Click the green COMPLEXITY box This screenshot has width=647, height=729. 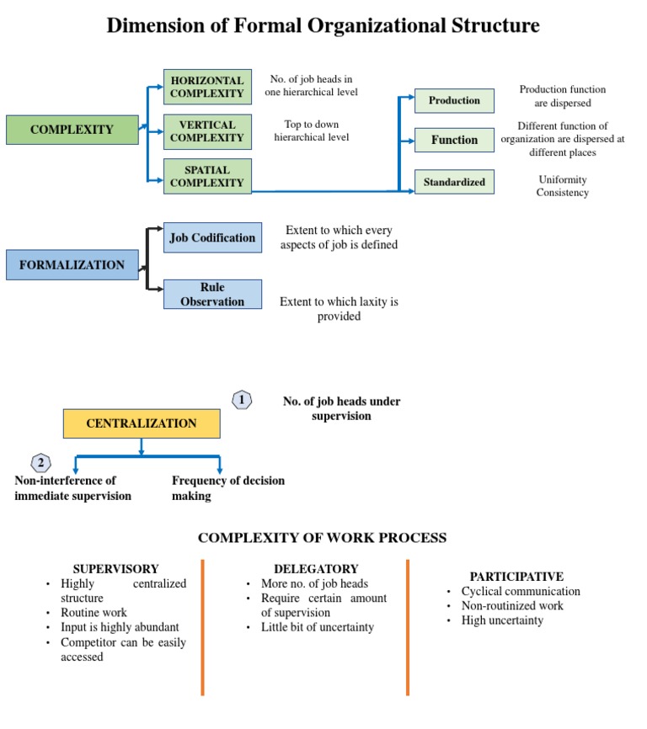point(72,130)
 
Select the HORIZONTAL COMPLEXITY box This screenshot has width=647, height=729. point(207,87)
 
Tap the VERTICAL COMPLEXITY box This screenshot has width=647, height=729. point(207,131)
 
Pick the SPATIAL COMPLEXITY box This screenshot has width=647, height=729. point(207,176)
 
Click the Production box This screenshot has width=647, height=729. point(454,101)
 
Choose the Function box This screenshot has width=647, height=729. point(454,140)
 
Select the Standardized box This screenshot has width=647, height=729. point(454,181)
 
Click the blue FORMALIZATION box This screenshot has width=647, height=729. point(72,264)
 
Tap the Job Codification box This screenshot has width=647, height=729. point(212,237)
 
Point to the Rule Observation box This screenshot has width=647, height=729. point(212,294)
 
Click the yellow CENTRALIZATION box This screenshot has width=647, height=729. point(142,423)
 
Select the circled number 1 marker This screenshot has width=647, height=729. point(243,400)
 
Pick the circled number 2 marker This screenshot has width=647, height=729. point(40,462)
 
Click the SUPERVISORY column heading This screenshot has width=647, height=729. point(115,569)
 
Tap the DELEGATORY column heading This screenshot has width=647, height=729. point(316,569)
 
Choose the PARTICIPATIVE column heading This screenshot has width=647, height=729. point(516,577)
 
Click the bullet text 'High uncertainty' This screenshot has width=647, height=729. point(502,620)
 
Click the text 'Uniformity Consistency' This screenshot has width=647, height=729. point(562,186)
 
